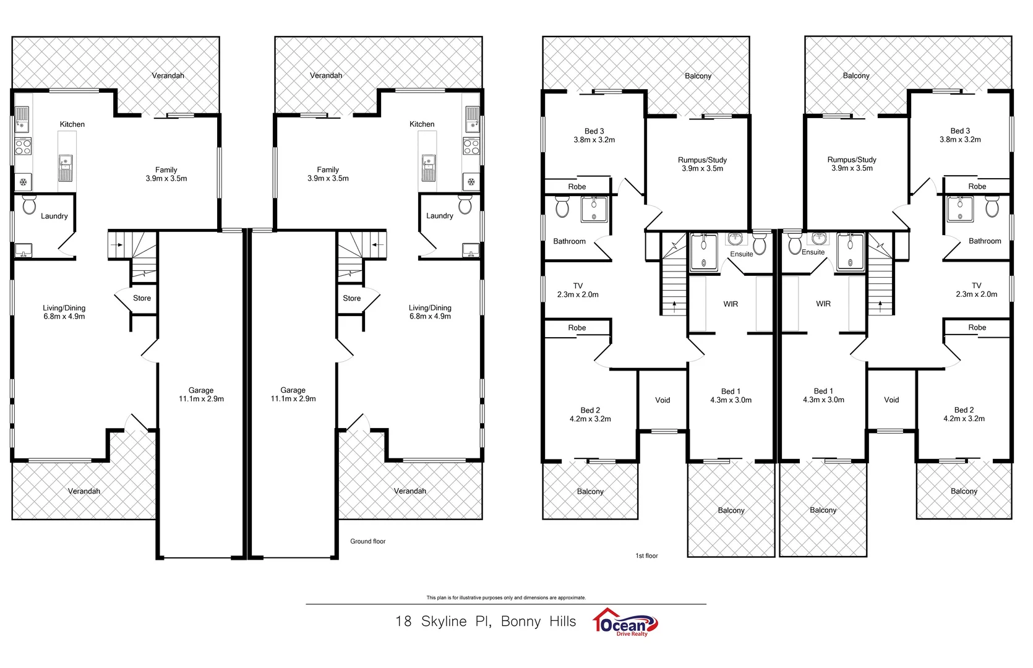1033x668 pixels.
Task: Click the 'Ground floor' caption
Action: [x=367, y=541]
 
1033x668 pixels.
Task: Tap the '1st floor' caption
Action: [x=646, y=555]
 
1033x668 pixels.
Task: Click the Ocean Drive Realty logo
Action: [x=625, y=622]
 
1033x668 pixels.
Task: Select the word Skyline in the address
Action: [x=444, y=622]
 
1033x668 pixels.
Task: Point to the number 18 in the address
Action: [x=403, y=622]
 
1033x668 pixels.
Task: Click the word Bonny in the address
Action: [x=521, y=622]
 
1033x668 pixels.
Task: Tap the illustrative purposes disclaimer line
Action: [x=506, y=597]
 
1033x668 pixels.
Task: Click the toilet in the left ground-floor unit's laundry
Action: [x=29, y=205]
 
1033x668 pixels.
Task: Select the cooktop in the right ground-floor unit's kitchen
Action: [x=471, y=147]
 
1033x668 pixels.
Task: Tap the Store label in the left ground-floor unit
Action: [x=142, y=298]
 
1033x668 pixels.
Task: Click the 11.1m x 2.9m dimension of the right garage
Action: [x=293, y=399]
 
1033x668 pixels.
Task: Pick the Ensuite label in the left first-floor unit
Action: [x=741, y=254]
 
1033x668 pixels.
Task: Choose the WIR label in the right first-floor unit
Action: [x=823, y=304]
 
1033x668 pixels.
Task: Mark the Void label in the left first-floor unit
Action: [x=662, y=400]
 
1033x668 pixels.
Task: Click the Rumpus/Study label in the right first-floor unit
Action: [x=852, y=160]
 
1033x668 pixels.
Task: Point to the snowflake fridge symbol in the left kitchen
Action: [x=24, y=182]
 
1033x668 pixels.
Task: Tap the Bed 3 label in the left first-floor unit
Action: [x=594, y=131]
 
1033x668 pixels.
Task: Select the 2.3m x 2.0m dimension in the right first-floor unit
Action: [x=976, y=294]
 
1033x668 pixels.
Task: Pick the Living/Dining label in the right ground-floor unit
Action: [x=430, y=308]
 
